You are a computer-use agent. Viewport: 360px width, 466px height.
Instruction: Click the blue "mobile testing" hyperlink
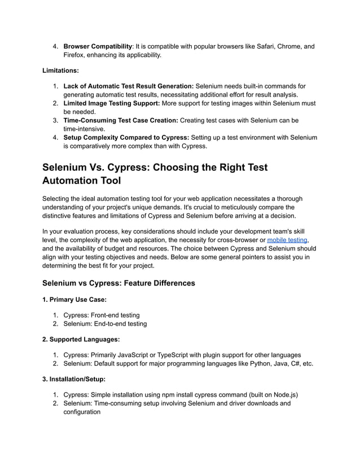coord(287,240)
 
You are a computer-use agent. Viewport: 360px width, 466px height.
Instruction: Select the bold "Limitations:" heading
coord(61,71)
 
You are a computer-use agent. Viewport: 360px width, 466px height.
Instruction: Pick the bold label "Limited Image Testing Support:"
coord(111,103)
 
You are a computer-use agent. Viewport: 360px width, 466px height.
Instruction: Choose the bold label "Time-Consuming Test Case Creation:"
coord(121,120)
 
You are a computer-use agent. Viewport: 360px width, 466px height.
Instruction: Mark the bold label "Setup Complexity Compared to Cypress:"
coord(126,137)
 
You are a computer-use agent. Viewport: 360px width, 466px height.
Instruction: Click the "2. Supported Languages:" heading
coord(81,340)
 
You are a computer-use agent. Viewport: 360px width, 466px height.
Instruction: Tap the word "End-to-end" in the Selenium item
coord(113,324)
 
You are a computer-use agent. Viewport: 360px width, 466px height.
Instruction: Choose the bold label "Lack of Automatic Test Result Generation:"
coord(128,86)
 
